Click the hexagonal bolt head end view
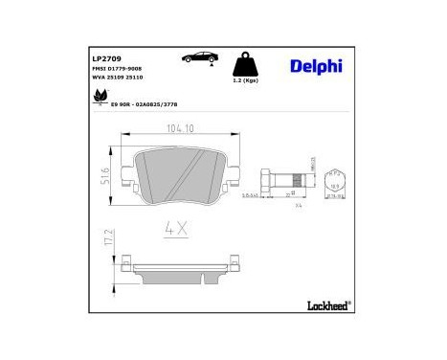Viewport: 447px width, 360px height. tap(336, 180)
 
